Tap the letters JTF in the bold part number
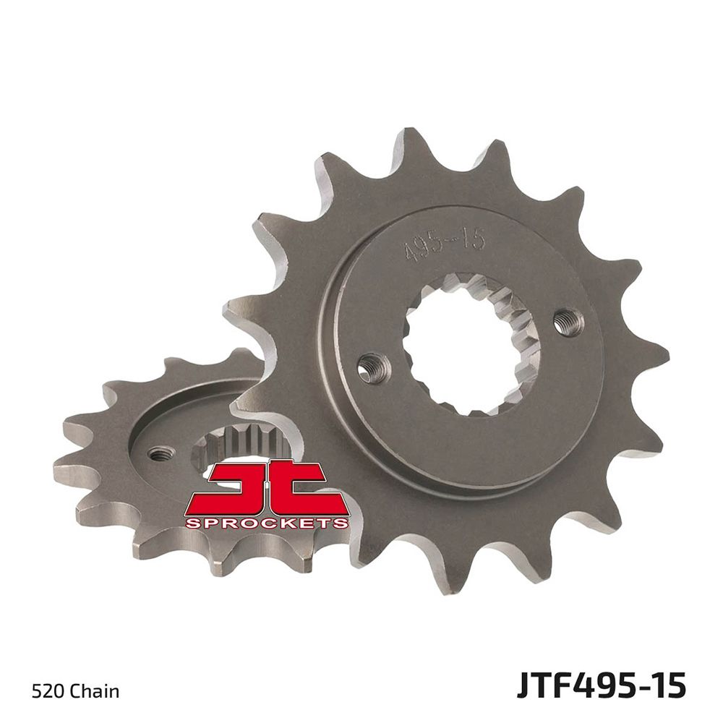542,685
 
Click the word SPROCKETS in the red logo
267,522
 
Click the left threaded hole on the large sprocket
375,367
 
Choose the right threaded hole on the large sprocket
568,322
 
